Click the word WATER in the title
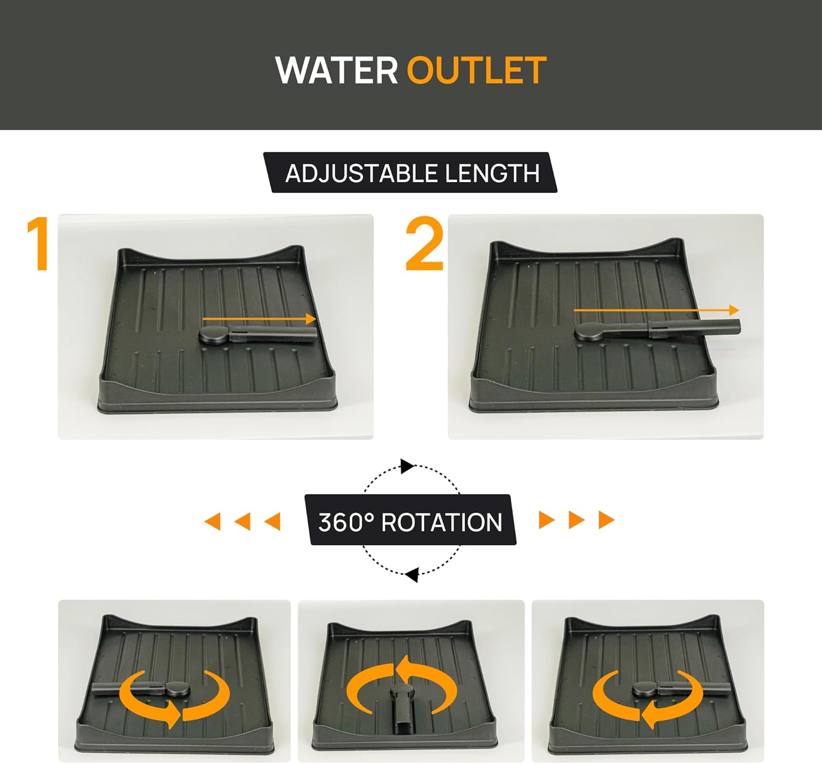point(336,70)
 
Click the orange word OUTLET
point(477,70)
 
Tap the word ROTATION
point(442,522)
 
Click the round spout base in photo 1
point(214,334)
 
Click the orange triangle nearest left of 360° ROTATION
point(273,521)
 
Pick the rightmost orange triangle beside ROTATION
point(606,520)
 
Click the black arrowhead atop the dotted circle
point(407,466)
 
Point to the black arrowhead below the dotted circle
point(412,575)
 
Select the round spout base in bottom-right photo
point(644,689)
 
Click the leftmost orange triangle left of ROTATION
point(213,521)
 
